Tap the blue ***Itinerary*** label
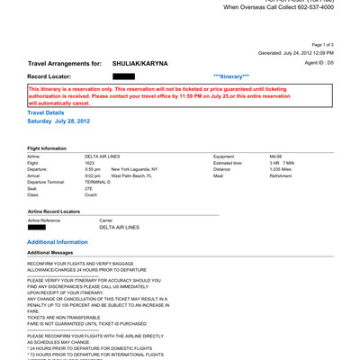point(232,77)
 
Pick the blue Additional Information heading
point(58,242)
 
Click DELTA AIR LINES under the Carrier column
point(119,227)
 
